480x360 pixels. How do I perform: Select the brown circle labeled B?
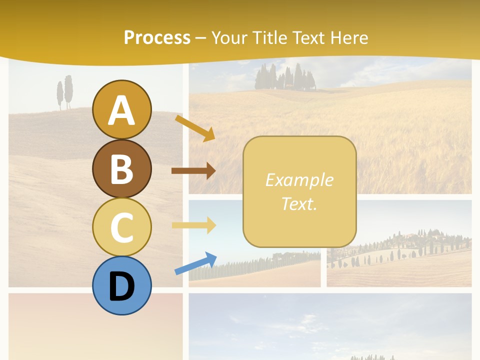(121, 168)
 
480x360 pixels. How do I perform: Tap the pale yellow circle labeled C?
(121, 226)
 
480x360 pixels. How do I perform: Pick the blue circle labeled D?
(121, 285)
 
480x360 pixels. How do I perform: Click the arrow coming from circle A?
(195, 128)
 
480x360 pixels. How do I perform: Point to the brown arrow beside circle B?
(193, 170)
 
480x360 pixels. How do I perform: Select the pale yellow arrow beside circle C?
(193, 225)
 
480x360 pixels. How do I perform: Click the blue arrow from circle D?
(195, 263)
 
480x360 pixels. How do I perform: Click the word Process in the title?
(157, 38)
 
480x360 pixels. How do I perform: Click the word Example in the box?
(299, 180)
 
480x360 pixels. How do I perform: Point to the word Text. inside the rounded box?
(299, 204)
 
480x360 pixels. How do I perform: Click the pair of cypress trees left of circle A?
(65, 92)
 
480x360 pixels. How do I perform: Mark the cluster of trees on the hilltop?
(285, 77)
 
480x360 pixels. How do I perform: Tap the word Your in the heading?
(229, 38)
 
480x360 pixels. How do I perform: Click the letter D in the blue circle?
(121, 287)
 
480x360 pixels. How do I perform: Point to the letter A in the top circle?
(121, 111)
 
